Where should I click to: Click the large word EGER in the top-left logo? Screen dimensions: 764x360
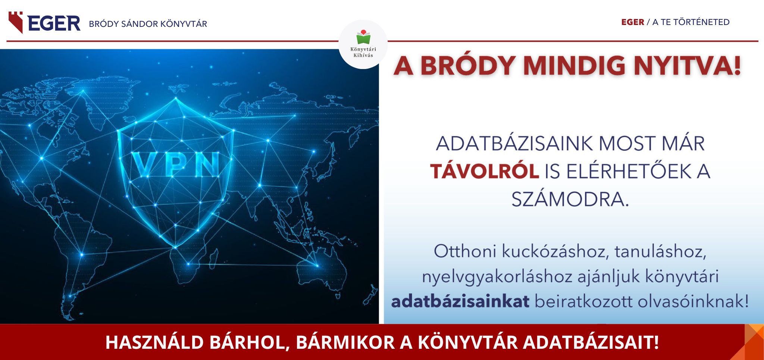pyautogui.click(x=54, y=23)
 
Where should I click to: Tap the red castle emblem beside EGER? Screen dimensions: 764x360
pyautogui.click(x=16, y=22)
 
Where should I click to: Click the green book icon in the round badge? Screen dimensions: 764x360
pyautogui.click(x=363, y=37)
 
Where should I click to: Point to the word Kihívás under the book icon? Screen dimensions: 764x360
pyautogui.click(x=363, y=55)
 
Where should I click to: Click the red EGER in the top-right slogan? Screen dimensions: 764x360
pyautogui.click(x=633, y=22)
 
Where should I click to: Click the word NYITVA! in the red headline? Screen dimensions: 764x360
pyautogui.click(x=687, y=66)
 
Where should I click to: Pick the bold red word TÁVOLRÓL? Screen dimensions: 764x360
pyautogui.click(x=485, y=171)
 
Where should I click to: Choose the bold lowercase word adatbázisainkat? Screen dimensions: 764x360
pyautogui.click(x=460, y=301)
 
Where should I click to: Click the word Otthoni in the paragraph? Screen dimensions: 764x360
pyautogui.click(x=465, y=251)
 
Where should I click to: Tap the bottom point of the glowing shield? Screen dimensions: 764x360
pyautogui.click(x=175, y=247)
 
